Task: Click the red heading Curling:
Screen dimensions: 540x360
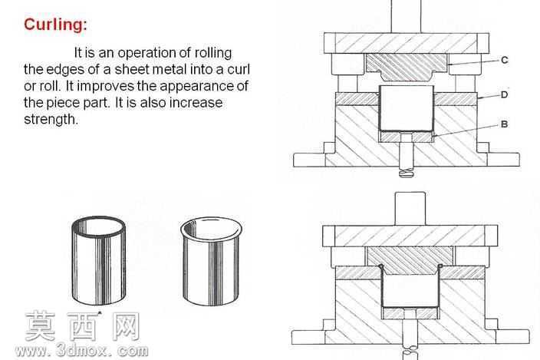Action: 55,25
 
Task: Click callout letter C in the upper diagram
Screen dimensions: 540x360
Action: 505,61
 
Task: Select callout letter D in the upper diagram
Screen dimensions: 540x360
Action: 504,94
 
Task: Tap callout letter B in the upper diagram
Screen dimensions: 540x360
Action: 504,124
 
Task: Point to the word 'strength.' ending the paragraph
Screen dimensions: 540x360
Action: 51,120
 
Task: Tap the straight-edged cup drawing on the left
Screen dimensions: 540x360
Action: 99,260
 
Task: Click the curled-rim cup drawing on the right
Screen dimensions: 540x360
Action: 211,262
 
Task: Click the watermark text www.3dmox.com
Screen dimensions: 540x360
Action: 81,351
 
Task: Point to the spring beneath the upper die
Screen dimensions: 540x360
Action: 407,172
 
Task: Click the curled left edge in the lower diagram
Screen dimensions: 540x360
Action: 380,266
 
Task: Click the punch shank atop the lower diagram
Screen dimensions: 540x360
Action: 410,209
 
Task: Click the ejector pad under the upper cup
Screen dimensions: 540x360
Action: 406,137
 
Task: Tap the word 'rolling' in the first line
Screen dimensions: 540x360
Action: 213,54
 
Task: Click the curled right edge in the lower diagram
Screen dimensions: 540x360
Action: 440,266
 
